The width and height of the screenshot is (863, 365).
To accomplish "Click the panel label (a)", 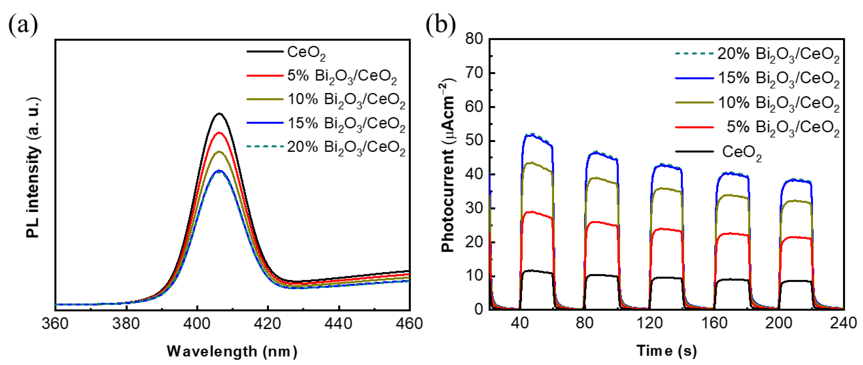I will coord(23,25).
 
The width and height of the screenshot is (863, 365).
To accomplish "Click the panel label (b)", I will coord(441,25).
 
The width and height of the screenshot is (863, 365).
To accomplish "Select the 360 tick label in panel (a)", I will coord(55,324).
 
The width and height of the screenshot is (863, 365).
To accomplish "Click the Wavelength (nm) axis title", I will coord(232,351).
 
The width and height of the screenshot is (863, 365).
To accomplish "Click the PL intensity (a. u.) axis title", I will coord(33,168).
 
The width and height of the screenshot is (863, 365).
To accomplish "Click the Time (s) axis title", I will coord(667,351).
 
